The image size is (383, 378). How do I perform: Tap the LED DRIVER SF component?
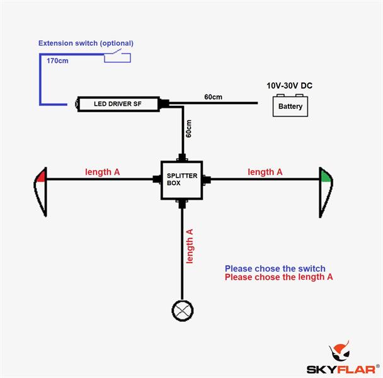118,104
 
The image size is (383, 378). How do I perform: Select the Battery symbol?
290,105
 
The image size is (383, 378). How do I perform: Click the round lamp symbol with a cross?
183,310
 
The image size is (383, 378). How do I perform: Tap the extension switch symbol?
117,57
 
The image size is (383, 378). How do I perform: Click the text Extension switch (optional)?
86,43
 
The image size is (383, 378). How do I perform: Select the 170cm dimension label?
58,60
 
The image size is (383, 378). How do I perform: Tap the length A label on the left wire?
103,171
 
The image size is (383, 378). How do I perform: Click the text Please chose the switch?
275,269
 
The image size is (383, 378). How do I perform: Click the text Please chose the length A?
278,277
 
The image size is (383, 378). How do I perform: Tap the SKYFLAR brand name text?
343,369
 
